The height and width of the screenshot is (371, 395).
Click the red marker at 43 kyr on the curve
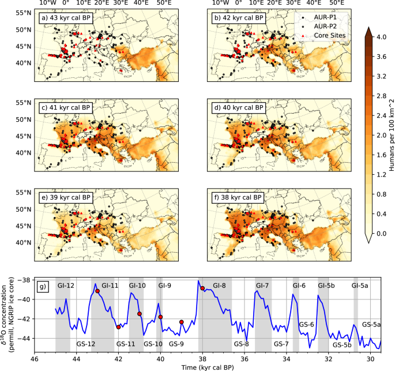97,291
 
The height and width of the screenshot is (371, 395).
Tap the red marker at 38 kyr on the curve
202,288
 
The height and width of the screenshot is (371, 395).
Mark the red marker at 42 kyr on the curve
118,327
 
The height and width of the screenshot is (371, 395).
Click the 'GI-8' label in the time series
220,286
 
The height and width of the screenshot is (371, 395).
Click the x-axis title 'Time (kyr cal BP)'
208,367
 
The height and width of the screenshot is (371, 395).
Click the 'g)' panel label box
43,286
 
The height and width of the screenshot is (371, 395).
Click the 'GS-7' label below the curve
281,344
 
